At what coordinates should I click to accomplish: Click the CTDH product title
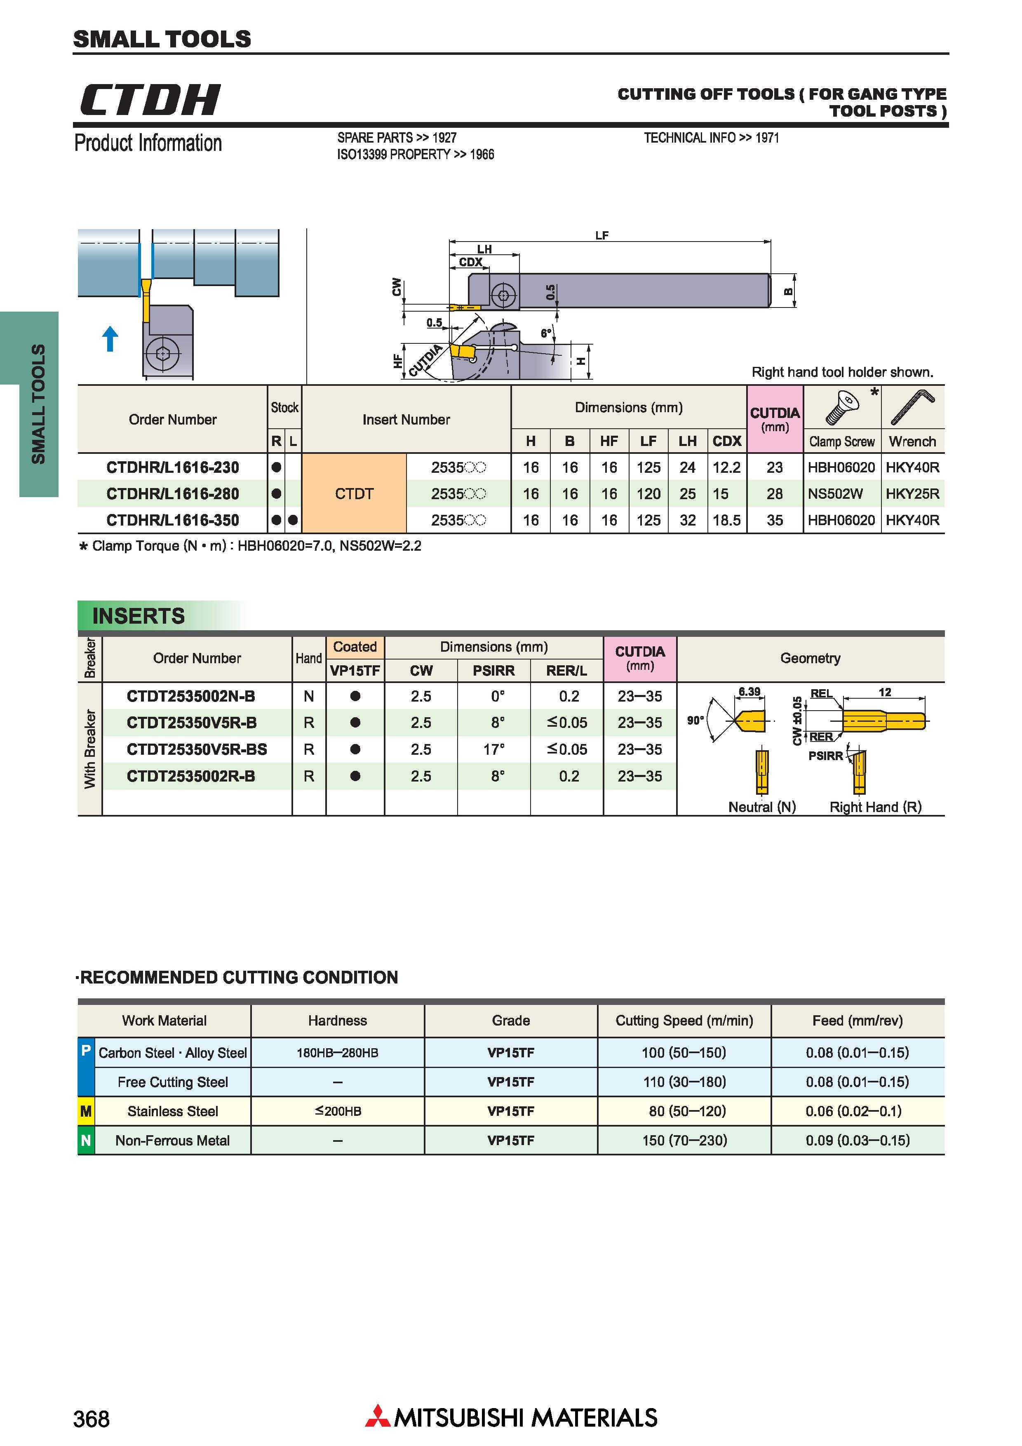[150, 99]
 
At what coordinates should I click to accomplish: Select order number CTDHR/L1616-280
[173, 494]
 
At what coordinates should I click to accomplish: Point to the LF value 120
[648, 494]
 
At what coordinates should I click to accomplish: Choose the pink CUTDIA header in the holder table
[775, 419]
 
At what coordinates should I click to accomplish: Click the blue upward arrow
[110, 338]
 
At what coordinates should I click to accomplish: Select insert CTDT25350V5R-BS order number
[197, 749]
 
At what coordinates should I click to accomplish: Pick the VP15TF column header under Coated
[355, 671]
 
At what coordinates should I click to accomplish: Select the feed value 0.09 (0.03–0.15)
[857, 1141]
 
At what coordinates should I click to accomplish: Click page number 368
[91, 1418]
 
